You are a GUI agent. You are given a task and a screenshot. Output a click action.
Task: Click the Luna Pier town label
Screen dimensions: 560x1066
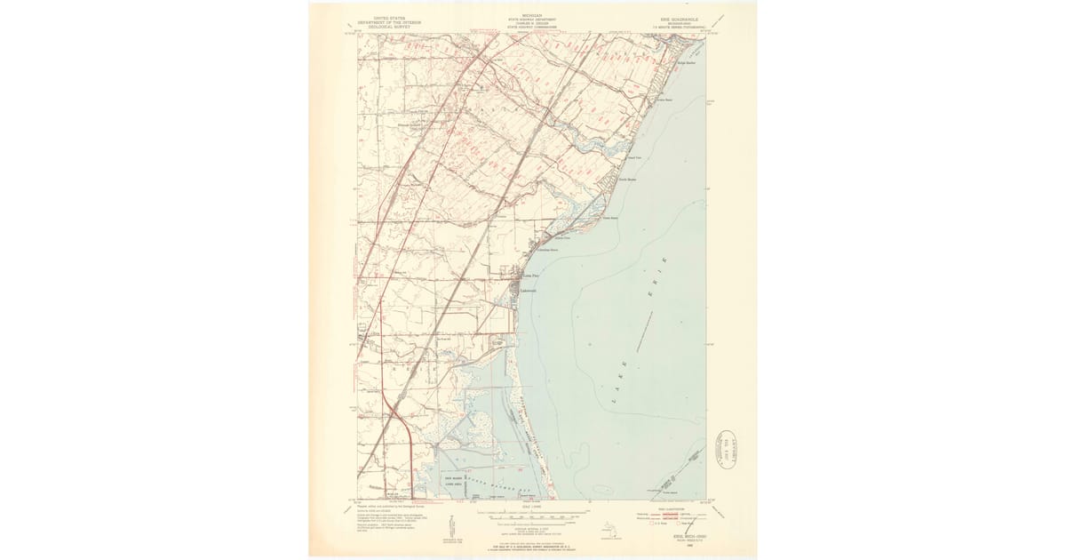click(x=529, y=276)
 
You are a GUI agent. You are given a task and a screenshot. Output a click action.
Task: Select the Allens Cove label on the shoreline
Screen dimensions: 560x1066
click(x=561, y=238)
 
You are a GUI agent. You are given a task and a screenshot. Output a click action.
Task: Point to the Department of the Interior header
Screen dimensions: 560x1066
click(x=388, y=21)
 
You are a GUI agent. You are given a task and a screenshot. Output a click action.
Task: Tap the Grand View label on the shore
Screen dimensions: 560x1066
click(x=634, y=157)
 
